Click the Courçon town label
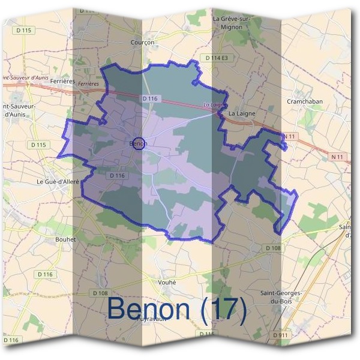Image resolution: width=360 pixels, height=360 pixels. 142,43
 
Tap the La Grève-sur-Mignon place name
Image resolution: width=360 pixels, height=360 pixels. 231,23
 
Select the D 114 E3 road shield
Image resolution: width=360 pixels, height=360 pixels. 217,58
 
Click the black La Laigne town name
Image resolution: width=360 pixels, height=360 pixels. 242,113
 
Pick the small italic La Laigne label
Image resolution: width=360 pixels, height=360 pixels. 213,104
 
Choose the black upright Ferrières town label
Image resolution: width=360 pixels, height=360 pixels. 62,80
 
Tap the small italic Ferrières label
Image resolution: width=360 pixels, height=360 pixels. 88,85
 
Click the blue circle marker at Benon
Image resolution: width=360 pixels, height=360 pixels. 138,143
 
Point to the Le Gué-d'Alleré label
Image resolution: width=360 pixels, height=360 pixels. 58,181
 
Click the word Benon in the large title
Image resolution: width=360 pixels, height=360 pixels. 150,310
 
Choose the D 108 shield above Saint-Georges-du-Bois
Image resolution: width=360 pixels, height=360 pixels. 272,247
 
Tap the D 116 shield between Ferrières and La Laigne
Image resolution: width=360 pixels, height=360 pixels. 150,98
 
